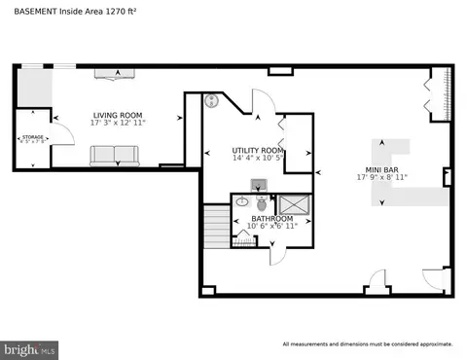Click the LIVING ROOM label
pos(117,114)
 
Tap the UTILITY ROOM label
pos(258,151)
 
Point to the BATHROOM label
pos(271,219)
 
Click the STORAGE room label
pos(32,138)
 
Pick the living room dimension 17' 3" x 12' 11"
pos(117,123)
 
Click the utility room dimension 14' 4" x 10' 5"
pos(258,160)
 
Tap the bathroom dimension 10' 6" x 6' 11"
pos(271,228)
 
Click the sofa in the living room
pos(116,156)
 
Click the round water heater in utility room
pos(211,100)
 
